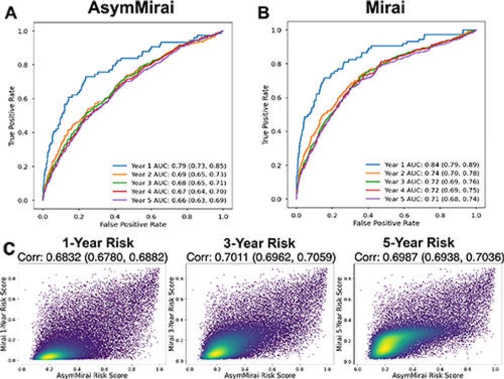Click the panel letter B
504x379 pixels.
pos(264,13)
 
